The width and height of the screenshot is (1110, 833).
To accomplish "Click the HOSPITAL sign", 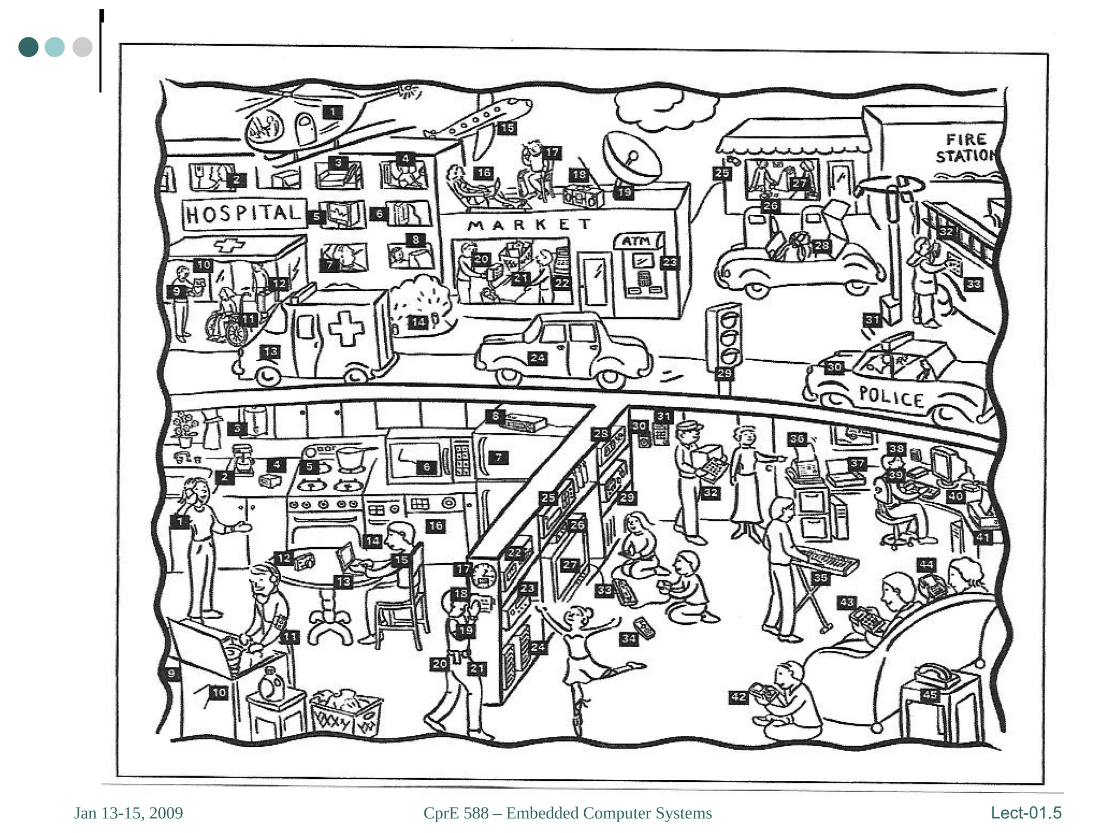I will pyautogui.click(x=243, y=213).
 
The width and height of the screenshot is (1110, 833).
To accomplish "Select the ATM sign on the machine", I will pyautogui.click(x=636, y=241).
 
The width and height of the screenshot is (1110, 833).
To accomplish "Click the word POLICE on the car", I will pyautogui.click(x=892, y=396).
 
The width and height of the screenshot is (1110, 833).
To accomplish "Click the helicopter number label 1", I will pyautogui.click(x=333, y=112).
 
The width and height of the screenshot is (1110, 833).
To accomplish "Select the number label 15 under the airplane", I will pyautogui.click(x=507, y=129).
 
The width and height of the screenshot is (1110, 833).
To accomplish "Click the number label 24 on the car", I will pyautogui.click(x=538, y=358).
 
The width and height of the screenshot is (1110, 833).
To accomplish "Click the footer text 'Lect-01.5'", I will pyautogui.click(x=1026, y=813).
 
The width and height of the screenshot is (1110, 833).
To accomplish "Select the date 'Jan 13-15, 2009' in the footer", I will pyautogui.click(x=128, y=813).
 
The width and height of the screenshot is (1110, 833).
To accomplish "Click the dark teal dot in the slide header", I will pyautogui.click(x=28, y=47).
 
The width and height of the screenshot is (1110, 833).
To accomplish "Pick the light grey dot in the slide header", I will pyautogui.click(x=82, y=47).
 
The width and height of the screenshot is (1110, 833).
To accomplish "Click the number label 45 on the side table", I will pyautogui.click(x=930, y=695).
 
